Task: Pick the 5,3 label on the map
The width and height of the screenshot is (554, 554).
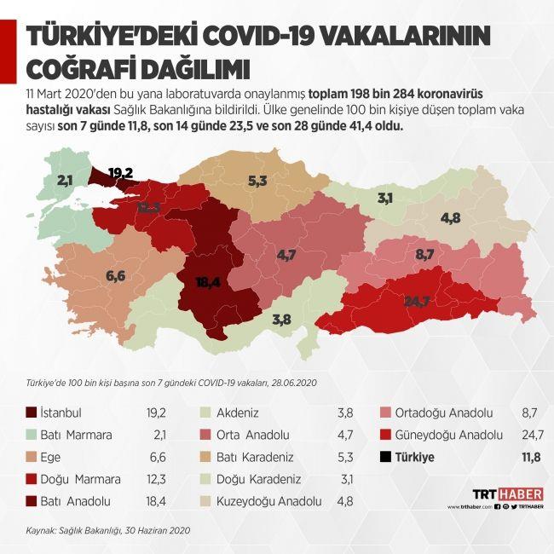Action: (257, 181)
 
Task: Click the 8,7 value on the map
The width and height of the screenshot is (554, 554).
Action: (424, 254)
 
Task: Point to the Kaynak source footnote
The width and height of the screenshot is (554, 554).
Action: (106, 529)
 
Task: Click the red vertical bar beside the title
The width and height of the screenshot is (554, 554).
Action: (11, 51)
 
